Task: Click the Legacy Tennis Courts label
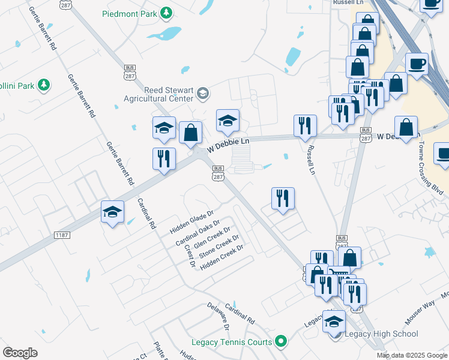tap(231, 343)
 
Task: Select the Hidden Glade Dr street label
tap(191, 222)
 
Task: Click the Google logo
tap(20, 353)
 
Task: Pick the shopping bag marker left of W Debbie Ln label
tap(190, 133)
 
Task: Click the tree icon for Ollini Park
tap(43, 85)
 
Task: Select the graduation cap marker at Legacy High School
tap(334, 322)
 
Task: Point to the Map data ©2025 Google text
tap(412, 355)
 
